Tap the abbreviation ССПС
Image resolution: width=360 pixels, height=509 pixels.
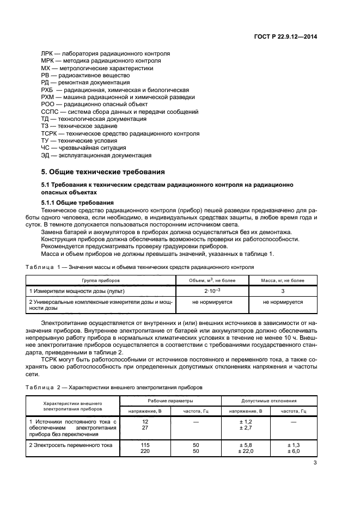pyautogui.click(x=49, y=112)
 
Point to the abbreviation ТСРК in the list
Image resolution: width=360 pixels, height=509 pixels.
pyautogui.click(x=49, y=133)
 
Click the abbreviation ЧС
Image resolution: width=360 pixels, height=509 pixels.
pyautogui.click(x=46, y=148)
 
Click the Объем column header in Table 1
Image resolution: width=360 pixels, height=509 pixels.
pyautogui.click(x=212, y=280)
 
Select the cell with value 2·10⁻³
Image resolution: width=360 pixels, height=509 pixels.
pyautogui.click(x=212, y=291)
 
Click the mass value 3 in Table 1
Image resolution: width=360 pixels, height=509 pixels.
pyautogui.click(x=283, y=291)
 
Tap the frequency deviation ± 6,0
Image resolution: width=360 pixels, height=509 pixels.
pyautogui.click(x=294, y=451)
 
